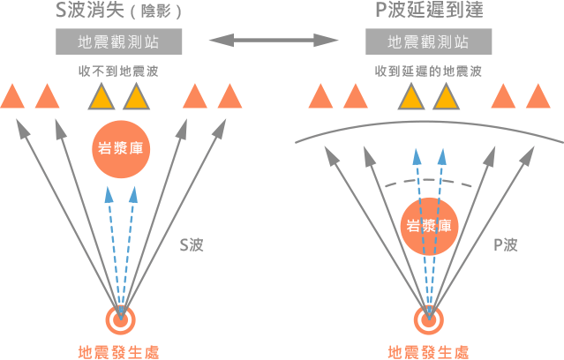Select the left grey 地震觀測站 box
pos(119,42)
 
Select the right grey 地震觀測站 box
pos(429,42)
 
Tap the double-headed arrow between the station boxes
pos(274,41)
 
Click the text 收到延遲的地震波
pos(429,71)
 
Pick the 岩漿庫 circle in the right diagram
pos(428,225)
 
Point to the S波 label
pos(192,244)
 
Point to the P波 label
pos(504,244)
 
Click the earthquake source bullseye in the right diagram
pos(429,319)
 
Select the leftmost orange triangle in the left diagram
pos(12,96)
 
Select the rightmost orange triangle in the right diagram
pos(540,96)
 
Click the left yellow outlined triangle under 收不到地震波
pos(102,96)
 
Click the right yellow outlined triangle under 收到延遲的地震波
pos(445,96)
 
